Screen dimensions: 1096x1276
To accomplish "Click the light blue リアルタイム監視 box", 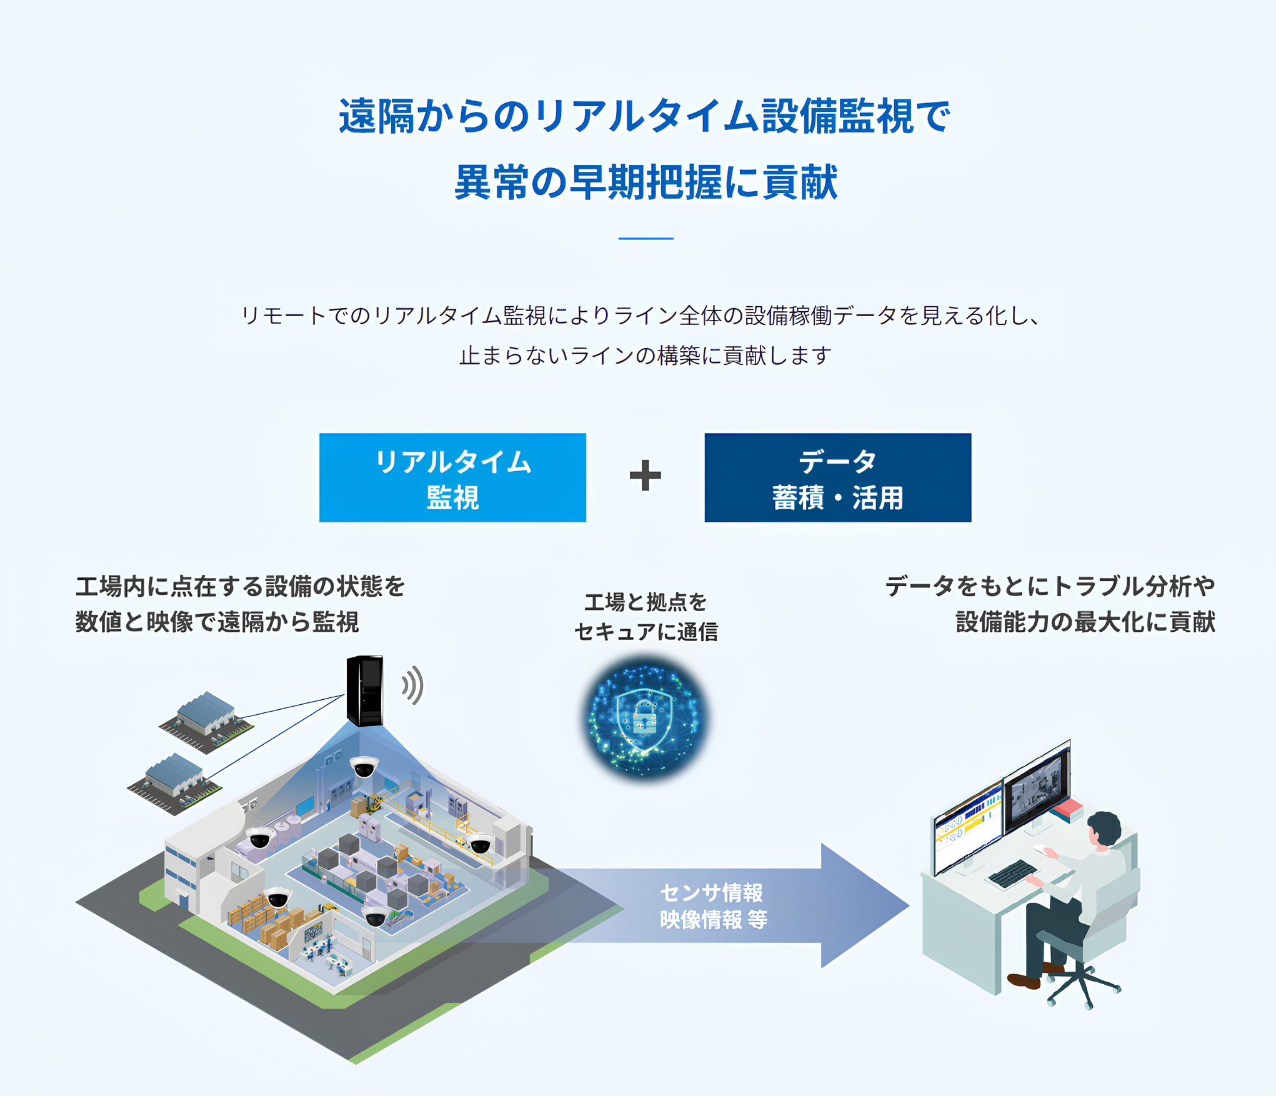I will (x=452, y=477).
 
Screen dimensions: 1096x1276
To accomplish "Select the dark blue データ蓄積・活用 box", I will (x=837, y=477).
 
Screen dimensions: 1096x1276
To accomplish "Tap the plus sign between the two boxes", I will (x=645, y=476).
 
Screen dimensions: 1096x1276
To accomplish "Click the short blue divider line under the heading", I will (x=645, y=238).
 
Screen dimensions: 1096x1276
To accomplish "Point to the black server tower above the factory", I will (x=365, y=690).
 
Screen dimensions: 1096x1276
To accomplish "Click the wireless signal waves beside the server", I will (x=413, y=685).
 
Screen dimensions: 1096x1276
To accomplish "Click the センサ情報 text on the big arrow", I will (x=711, y=893).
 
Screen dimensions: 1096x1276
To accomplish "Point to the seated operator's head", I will (x=1104, y=828).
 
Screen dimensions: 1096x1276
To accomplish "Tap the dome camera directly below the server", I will (x=364, y=767).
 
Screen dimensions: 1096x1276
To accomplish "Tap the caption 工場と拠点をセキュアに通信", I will (x=645, y=617).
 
